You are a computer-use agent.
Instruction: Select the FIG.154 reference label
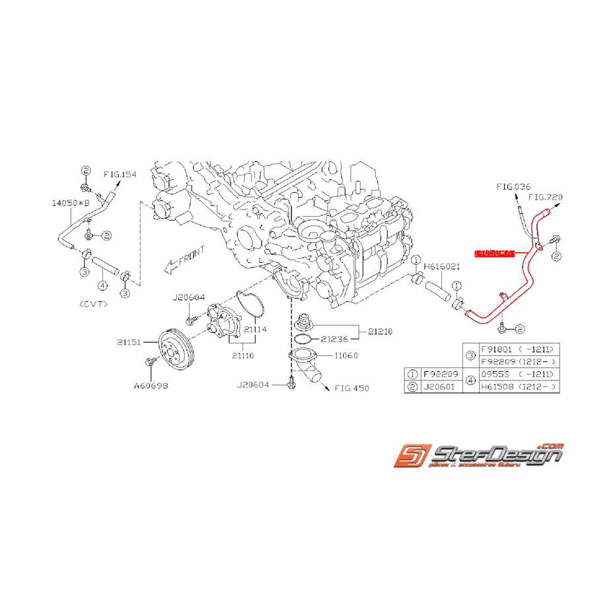(120, 174)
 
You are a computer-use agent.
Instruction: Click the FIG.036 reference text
(514, 187)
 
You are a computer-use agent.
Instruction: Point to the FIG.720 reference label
(546, 197)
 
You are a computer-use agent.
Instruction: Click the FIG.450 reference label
(351, 388)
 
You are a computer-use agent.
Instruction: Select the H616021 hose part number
(442, 266)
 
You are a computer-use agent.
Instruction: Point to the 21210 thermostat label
(380, 331)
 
